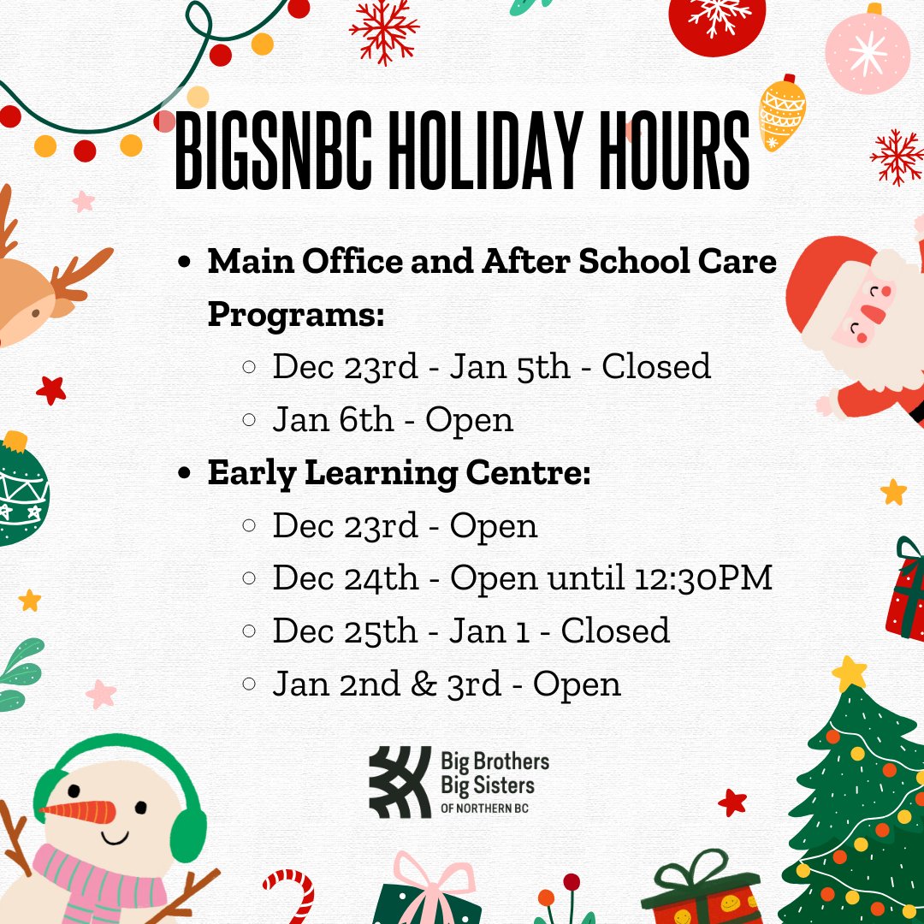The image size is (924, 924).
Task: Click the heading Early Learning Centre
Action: click(399, 472)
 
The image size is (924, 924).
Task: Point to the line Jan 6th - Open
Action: click(393, 419)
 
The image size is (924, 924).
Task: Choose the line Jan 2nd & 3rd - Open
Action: click(447, 684)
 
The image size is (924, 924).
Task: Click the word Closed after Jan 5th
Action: click(656, 366)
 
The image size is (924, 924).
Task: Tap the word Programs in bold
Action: click(296, 314)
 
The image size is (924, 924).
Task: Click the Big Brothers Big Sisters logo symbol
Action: click(400, 782)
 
